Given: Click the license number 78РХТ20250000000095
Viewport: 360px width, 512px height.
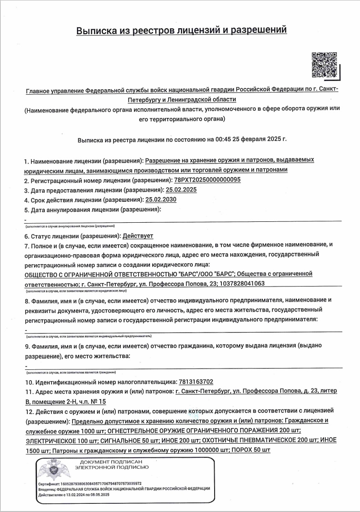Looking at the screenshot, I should point(207,180).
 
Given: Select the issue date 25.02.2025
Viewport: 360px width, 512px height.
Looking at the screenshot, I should point(181,189).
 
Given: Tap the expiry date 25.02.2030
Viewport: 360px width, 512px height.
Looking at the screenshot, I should point(161,200).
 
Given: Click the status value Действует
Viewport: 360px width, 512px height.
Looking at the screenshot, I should point(139,236).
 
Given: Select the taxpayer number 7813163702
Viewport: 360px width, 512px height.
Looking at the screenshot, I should point(195,382).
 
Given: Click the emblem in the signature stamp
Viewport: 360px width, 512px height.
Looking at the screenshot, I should point(50,471).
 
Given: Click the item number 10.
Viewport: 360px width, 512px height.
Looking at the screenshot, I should point(28,382).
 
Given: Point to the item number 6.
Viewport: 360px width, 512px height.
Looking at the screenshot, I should point(26,236).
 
